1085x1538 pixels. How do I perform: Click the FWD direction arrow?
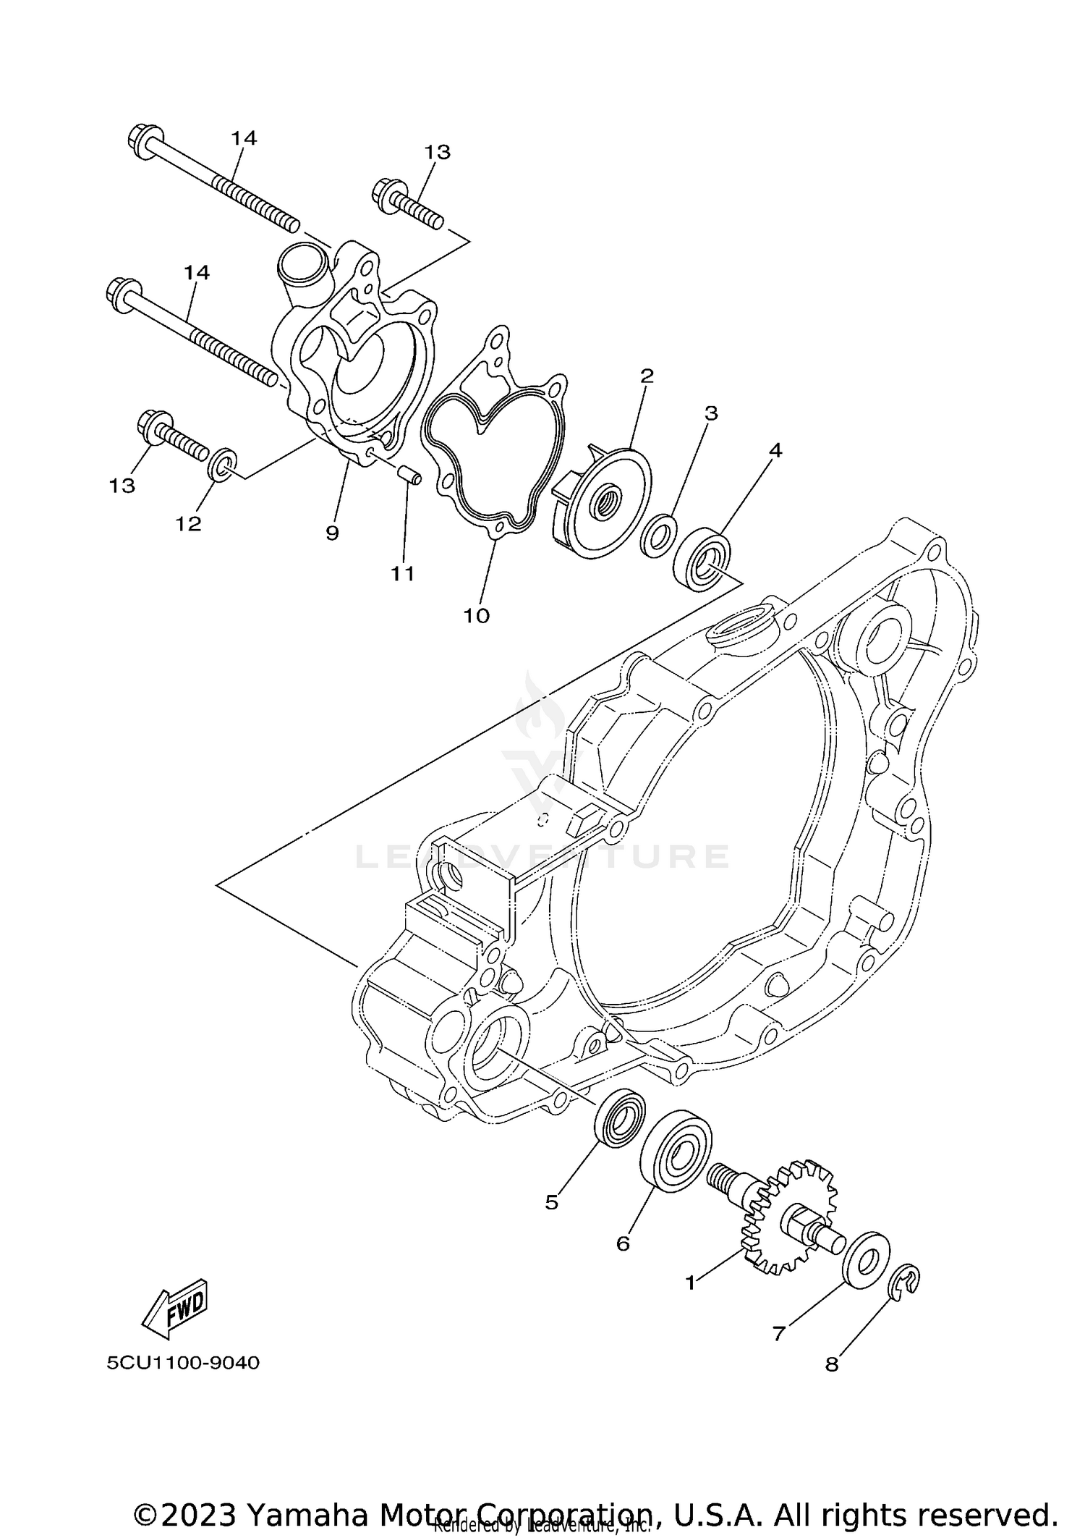click(x=175, y=1309)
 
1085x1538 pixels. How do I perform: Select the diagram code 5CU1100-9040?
click(x=183, y=1363)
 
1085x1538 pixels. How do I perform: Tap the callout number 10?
click(x=477, y=616)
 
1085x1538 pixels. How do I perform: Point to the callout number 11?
click(x=403, y=573)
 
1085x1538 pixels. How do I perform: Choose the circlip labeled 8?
click(x=904, y=1283)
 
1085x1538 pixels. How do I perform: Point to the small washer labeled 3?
click(x=659, y=537)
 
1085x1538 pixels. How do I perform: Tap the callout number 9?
click(x=332, y=533)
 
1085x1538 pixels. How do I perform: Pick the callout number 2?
click(x=647, y=375)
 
